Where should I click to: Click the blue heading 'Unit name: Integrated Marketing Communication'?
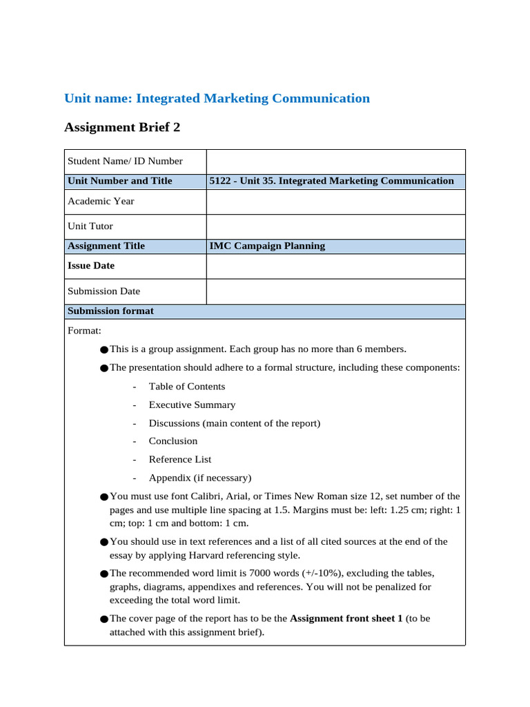click(217, 99)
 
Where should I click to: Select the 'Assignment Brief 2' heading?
click(122, 128)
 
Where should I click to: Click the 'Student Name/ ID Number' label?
click(125, 162)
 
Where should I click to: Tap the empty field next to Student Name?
click(335, 162)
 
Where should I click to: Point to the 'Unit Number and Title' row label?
click(119, 181)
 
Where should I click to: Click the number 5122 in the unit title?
click(221, 181)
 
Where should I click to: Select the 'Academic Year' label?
click(101, 202)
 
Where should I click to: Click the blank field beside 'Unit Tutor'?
click(335, 226)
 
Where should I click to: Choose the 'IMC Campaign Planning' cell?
click(267, 246)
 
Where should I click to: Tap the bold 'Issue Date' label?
click(91, 266)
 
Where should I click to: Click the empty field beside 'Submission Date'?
click(335, 291)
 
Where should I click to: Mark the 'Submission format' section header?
click(110, 311)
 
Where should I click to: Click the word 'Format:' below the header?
click(84, 331)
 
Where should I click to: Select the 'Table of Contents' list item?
click(187, 387)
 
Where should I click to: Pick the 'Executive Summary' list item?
click(192, 405)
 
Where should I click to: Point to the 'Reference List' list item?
click(180, 460)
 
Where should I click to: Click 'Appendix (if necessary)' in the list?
click(200, 478)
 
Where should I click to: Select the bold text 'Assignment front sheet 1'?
click(346, 619)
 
